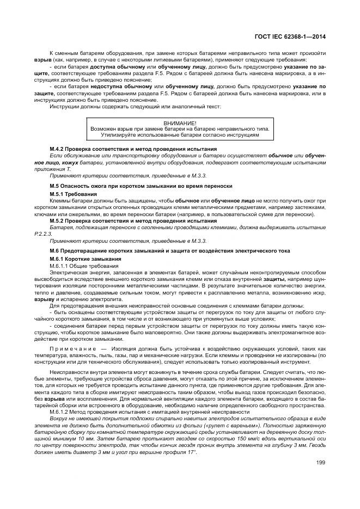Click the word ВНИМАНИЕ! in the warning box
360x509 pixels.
[x=180, y=124]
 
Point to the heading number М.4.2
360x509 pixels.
[x=58, y=149]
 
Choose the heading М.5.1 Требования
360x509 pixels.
[x=74, y=194]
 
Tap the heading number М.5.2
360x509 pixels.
[x=58, y=220]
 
